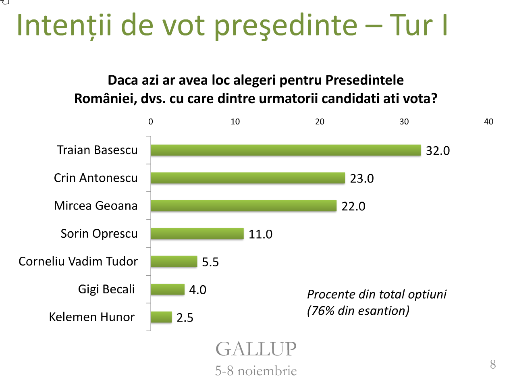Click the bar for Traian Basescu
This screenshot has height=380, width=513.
[x=285, y=150]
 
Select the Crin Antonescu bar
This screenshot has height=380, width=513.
[x=247, y=178]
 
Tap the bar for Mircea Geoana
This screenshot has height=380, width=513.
[x=243, y=206]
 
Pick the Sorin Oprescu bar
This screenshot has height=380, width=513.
[x=197, y=234]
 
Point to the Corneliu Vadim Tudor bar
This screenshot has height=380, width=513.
[x=174, y=262]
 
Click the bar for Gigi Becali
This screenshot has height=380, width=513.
[x=167, y=289]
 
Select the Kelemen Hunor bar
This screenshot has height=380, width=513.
[x=161, y=317]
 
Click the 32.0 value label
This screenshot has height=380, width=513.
[x=438, y=151]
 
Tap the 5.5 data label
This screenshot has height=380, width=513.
[x=210, y=262]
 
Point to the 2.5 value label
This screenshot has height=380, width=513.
[x=185, y=318]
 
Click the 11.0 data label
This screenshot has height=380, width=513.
[x=260, y=234]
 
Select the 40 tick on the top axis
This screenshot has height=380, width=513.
[x=488, y=122]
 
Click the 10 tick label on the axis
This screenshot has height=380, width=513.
[x=235, y=122]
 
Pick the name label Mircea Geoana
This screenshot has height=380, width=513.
[x=96, y=206]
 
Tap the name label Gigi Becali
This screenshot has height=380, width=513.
[x=106, y=289]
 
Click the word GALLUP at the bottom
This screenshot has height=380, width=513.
[x=256, y=349]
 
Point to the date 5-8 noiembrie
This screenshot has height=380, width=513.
[x=256, y=371]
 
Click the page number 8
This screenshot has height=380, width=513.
[x=493, y=364]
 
